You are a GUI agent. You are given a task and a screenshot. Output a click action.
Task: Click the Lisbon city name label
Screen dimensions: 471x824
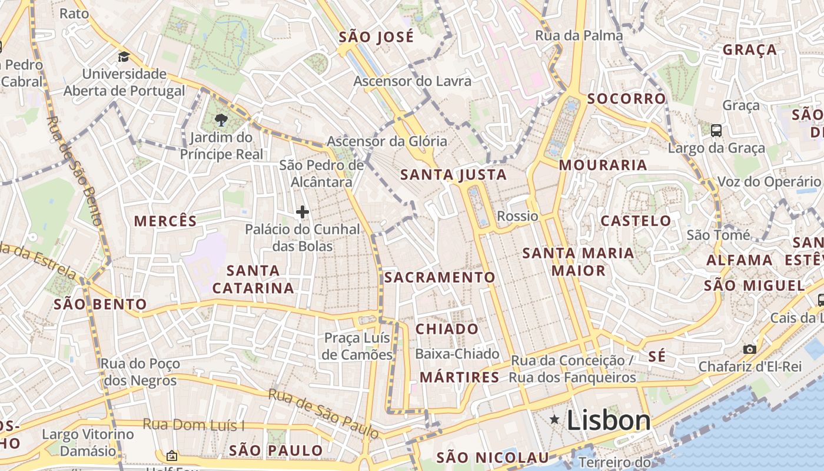coord(609,420)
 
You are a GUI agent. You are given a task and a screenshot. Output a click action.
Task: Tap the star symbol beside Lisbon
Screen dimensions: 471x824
coord(554,419)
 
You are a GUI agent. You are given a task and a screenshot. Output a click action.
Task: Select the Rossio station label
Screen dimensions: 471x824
coord(517,216)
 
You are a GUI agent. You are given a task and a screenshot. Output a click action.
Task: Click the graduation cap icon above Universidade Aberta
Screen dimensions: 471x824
coord(124,57)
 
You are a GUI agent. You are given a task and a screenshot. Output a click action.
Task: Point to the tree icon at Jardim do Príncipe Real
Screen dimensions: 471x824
coord(221,121)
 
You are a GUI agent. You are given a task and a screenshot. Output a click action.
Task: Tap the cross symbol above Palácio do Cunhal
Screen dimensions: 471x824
coord(303,212)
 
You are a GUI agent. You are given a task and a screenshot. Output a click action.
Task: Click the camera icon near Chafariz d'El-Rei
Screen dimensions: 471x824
coord(749,349)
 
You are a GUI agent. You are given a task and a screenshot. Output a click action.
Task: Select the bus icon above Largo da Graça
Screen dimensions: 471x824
coord(716,131)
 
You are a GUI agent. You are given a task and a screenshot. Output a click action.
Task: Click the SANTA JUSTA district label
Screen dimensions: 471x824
coord(453,175)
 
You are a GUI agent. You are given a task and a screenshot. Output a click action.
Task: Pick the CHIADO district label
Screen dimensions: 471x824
coord(447,329)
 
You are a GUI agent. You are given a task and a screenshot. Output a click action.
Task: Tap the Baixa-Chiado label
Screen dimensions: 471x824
coord(457,354)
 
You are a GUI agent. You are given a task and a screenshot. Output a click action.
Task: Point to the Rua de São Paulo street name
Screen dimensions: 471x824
coord(324,413)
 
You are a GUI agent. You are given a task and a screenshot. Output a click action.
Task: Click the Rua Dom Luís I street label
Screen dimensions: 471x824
coord(194,425)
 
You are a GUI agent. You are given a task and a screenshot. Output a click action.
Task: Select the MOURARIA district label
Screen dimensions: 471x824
coord(603,165)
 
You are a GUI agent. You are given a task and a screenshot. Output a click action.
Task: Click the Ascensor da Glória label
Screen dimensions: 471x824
coord(387,141)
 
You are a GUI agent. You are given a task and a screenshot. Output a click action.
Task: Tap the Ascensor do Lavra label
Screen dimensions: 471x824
coord(412,81)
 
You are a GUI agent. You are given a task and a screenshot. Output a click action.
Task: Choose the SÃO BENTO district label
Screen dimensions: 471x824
coord(100,304)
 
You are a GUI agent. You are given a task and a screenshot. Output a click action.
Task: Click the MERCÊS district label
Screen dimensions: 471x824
coord(165,221)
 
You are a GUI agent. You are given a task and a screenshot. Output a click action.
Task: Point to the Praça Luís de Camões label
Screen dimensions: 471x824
coord(358,346)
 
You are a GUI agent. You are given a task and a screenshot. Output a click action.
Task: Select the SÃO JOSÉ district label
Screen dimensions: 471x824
coord(377,37)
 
